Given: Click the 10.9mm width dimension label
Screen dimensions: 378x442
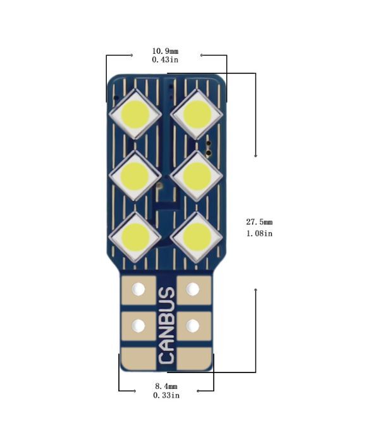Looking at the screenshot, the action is click(165, 51).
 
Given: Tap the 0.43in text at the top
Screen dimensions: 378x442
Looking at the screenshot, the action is click(165, 60).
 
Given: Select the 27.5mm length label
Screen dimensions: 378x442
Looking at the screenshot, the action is click(259, 222).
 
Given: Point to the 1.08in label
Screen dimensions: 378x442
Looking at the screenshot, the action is click(259, 233).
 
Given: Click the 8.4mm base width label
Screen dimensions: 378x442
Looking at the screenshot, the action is click(166, 386).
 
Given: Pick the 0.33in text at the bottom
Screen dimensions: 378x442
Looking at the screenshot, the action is click(166, 395).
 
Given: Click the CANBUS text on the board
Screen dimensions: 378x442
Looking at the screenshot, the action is click(166, 325).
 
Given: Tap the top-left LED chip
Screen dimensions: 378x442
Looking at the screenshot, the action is click(135, 114).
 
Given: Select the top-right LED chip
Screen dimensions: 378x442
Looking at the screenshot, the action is click(197, 114).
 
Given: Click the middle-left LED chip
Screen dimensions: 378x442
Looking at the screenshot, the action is click(135, 175).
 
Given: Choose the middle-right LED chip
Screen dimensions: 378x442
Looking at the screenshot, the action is click(197, 175).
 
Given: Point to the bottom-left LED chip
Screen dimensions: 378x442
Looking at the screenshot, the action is click(135, 236).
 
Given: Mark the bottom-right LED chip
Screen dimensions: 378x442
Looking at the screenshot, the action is click(197, 236).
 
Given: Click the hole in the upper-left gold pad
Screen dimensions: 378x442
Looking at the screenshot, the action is click(138, 289).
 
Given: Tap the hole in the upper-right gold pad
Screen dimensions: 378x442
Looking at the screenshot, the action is click(193, 289).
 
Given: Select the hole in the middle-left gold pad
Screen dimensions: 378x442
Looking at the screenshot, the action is click(138, 326).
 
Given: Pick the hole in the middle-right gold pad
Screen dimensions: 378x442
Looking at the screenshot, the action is click(193, 326).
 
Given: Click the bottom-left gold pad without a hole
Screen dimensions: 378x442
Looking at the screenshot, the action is click(138, 358).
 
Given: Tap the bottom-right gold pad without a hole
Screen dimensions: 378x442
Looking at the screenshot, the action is click(194, 358).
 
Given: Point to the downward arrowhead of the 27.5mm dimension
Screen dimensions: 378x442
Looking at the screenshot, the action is click(255, 156).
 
